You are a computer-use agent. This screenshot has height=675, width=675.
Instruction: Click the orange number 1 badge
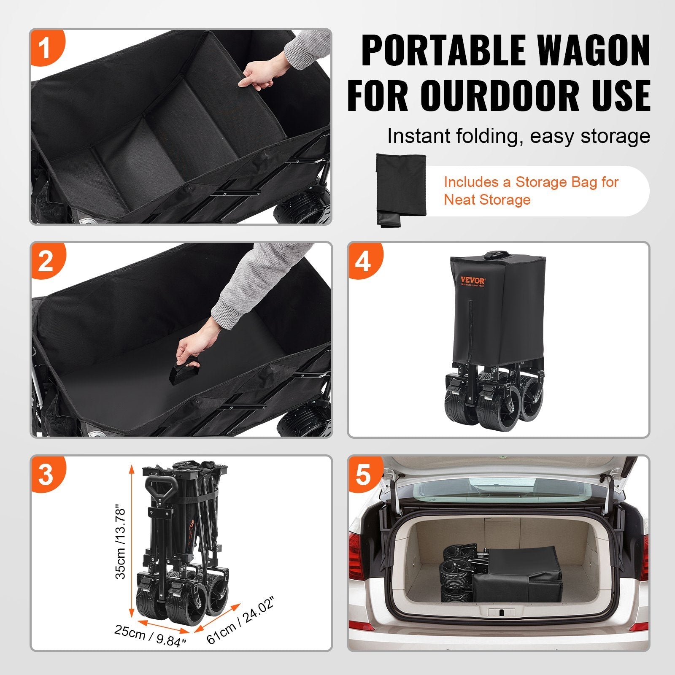[46, 47]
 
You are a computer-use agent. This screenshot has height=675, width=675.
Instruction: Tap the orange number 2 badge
[46, 261]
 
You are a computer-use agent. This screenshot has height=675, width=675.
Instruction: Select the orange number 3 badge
[46, 474]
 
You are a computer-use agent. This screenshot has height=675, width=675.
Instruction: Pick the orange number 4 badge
[363, 261]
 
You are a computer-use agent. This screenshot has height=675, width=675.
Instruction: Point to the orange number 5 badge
[363, 474]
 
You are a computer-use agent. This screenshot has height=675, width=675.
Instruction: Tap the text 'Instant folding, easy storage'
[518, 136]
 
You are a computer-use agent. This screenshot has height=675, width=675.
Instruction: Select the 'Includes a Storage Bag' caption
[531, 191]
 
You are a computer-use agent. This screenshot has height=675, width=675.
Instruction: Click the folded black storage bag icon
[401, 190]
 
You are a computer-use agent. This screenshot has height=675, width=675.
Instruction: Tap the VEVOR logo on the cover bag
[472, 280]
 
